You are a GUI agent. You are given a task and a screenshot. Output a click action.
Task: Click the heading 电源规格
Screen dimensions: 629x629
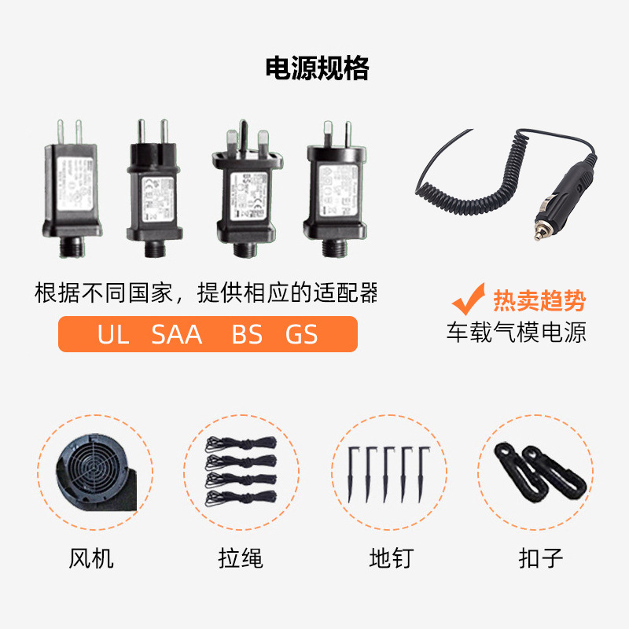point(317,69)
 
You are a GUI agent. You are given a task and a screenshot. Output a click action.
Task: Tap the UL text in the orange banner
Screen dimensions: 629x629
point(113,334)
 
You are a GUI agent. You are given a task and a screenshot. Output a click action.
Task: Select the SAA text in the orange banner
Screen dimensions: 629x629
point(177,334)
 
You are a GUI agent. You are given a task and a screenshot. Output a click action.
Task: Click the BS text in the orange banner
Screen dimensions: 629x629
point(247,334)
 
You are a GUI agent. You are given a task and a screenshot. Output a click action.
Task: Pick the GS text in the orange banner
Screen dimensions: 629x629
point(301,334)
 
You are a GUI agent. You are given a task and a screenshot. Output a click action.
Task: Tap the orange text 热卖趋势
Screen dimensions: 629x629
point(539,301)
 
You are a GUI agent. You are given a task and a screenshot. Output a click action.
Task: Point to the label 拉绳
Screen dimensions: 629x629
point(241,559)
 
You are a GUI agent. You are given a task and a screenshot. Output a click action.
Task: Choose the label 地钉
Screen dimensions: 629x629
point(391,559)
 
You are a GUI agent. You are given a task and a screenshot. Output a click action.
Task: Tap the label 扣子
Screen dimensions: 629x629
point(541,559)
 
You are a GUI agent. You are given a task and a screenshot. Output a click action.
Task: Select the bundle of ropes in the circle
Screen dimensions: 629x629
point(241,471)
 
